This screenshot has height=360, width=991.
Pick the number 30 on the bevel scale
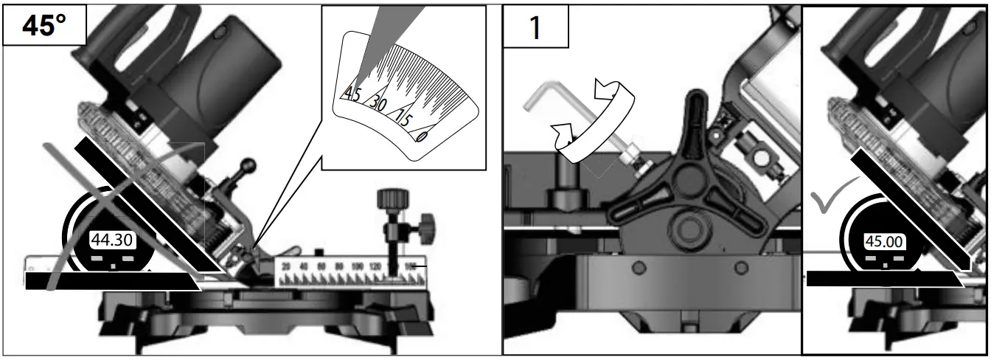[x=379, y=103]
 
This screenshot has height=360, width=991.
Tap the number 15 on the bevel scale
[x=402, y=117]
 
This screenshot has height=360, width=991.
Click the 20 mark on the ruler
[x=285, y=266]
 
